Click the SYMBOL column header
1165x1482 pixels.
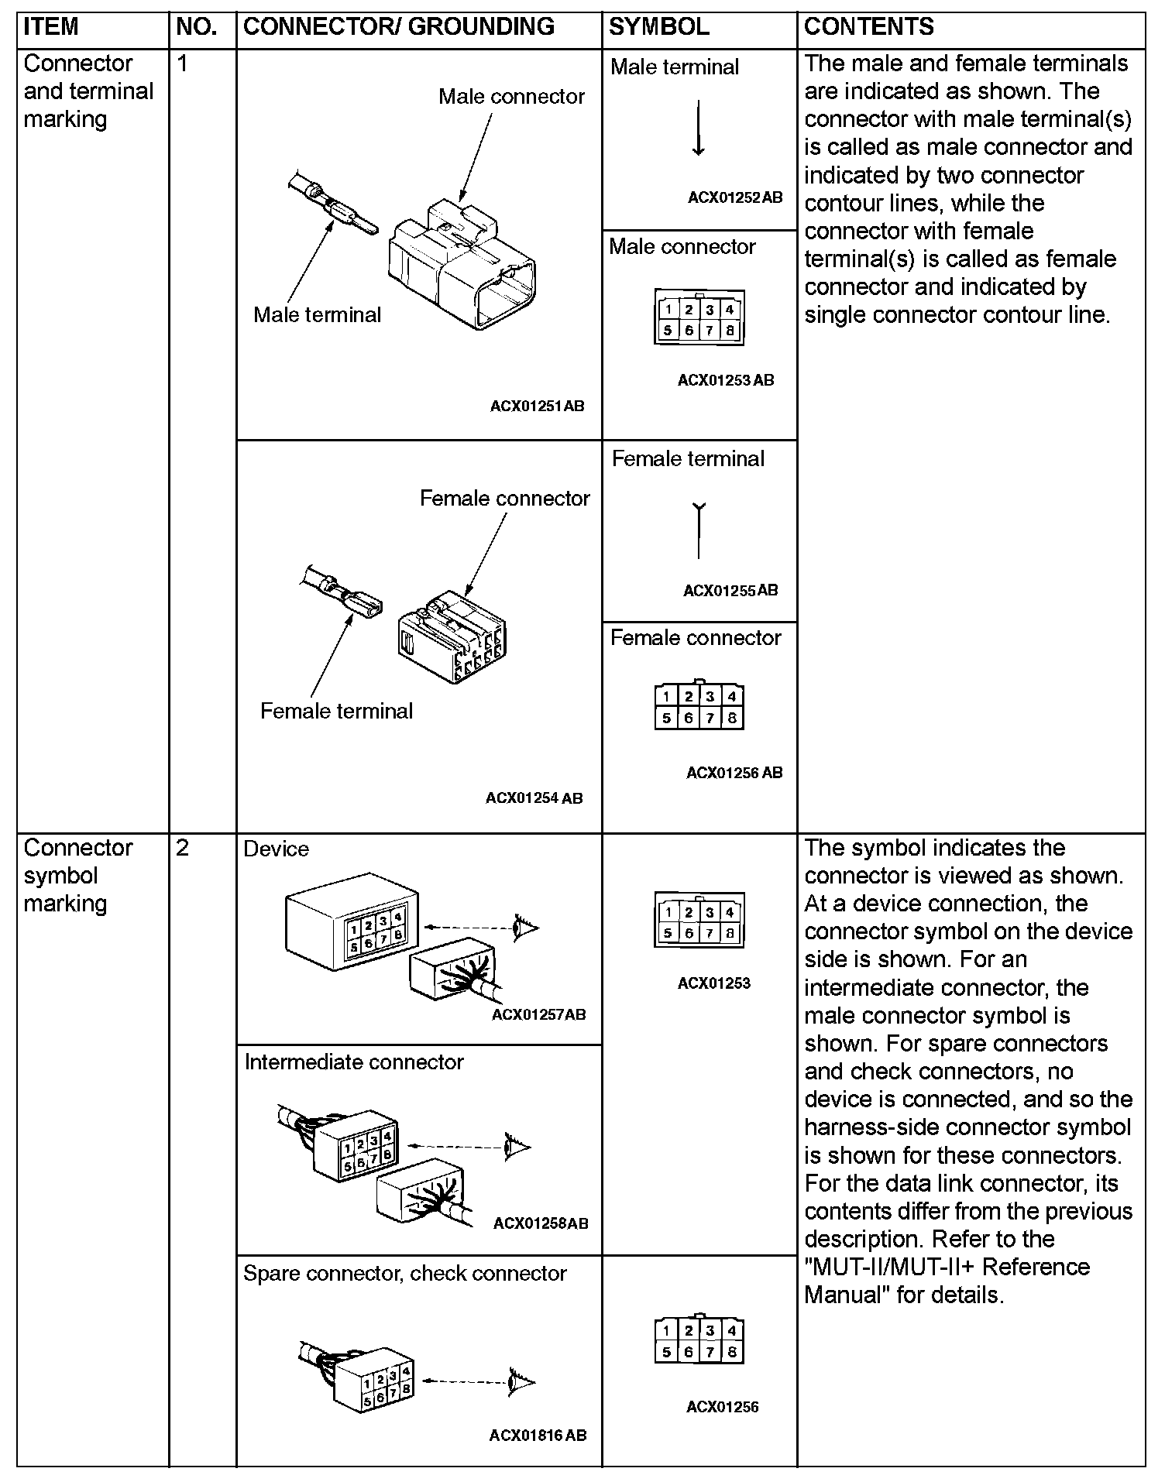click(x=658, y=27)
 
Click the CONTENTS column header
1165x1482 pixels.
click(x=868, y=27)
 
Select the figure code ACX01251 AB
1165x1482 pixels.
click(x=537, y=406)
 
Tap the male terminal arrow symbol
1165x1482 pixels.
click(x=698, y=128)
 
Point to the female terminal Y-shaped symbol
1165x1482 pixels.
click(x=699, y=530)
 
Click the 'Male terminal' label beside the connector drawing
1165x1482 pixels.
click(x=317, y=314)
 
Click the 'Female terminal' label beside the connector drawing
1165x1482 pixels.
click(x=336, y=711)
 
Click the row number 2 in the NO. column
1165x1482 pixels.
click(x=183, y=848)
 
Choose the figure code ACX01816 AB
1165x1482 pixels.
click(x=538, y=1435)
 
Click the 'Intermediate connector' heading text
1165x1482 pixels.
click(x=354, y=1062)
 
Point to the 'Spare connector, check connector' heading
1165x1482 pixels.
click(x=404, y=1273)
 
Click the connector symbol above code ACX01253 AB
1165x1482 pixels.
click(x=699, y=318)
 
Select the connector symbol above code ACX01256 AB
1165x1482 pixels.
click(x=699, y=706)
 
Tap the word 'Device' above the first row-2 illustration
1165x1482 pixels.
click(x=276, y=849)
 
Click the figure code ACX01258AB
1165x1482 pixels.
click(x=541, y=1223)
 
